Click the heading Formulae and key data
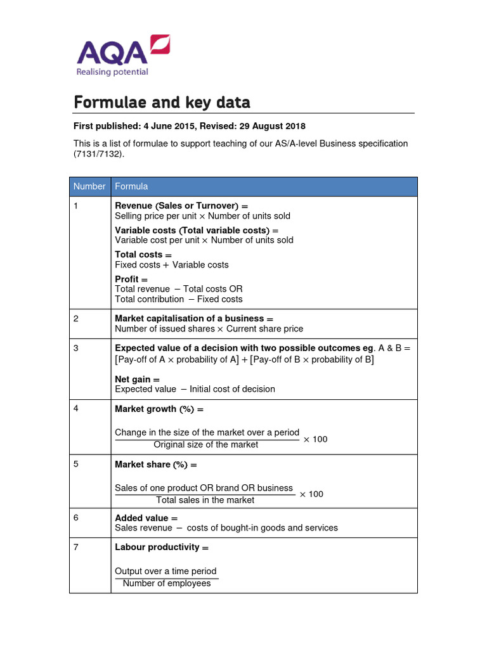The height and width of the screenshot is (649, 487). [162, 102]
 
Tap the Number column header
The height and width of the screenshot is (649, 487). [89, 186]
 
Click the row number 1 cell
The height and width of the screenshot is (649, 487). [76, 206]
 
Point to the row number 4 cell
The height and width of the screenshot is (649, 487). [76, 409]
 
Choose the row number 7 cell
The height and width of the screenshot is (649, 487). [76, 547]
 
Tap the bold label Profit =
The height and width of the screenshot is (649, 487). [131, 280]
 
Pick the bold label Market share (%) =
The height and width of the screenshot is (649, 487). [156, 465]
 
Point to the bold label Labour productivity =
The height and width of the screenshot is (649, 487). [162, 547]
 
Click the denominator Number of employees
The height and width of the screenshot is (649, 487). [167, 583]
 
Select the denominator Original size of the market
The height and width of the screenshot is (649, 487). [206, 445]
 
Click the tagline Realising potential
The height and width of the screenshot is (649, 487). [112, 72]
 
